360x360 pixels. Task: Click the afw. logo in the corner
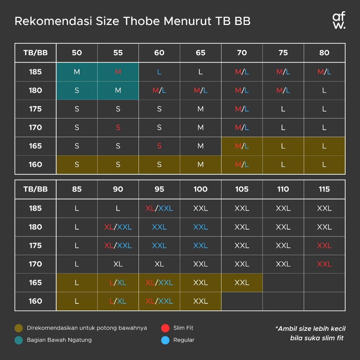point(339,21)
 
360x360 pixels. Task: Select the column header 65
point(200,53)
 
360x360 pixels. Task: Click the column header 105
point(242,189)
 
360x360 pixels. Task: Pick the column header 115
point(324,189)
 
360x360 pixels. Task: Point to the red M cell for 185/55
point(118,72)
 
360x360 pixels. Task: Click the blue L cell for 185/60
point(159,72)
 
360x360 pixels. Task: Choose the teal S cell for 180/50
point(77,90)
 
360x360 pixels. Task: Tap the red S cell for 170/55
point(118,128)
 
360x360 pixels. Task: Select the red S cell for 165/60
point(159,146)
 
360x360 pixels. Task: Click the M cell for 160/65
point(200,165)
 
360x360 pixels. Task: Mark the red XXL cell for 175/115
point(324,245)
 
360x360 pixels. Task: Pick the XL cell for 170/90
point(118,264)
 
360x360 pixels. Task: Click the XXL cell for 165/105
point(242,283)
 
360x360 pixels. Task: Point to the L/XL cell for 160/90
point(118,301)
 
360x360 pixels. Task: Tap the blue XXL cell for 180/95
point(159,227)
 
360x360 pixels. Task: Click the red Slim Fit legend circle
point(165,328)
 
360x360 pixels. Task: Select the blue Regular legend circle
point(165,340)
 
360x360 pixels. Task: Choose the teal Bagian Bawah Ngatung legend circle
point(19,340)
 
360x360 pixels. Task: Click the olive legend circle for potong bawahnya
point(19,328)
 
